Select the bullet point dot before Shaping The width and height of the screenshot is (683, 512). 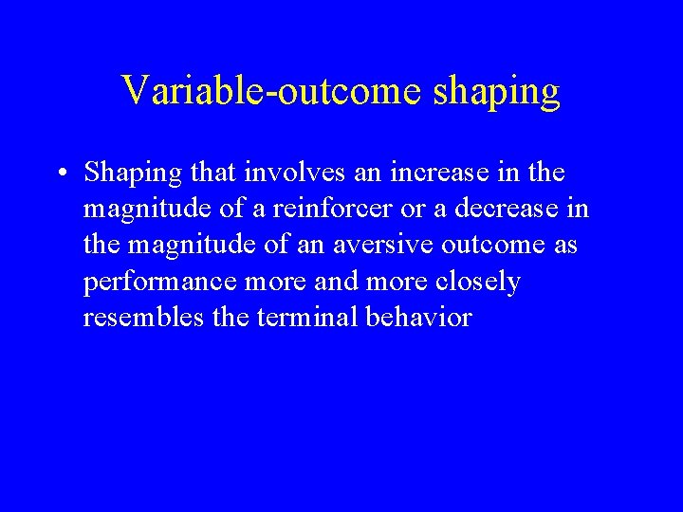[x=59, y=174]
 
